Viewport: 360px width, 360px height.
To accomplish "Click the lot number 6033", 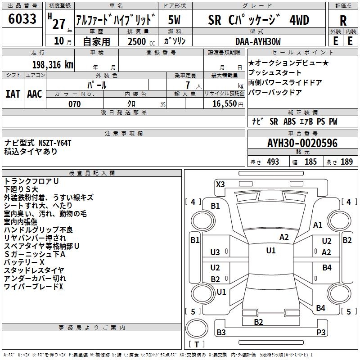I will [x=22, y=19].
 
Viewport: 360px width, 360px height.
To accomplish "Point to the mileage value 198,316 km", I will [x=53, y=65].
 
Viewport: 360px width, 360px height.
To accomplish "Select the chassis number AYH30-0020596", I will [x=302, y=144].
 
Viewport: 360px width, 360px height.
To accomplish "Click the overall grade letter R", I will [x=343, y=21].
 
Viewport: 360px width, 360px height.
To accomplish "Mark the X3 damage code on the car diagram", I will [x=220, y=184].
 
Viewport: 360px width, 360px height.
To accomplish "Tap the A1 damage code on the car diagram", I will [x=318, y=225].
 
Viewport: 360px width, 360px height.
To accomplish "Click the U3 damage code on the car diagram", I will [x=215, y=252].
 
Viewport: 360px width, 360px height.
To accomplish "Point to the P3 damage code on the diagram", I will [x=320, y=332].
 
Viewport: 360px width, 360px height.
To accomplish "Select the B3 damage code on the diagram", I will [x=221, y=332].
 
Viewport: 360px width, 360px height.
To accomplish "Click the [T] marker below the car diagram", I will [x=197, y=345].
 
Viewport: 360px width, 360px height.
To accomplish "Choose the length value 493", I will [x=273, y=162].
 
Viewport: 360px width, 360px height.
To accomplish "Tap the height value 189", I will [x=347, y=162].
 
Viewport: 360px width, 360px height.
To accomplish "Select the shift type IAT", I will [x=13, y=94].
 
